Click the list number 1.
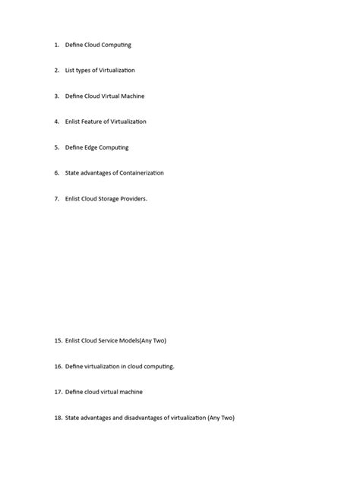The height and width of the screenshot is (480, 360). point(56,45)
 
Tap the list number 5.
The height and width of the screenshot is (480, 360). point(56,147)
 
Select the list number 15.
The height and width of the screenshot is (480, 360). point(58,341)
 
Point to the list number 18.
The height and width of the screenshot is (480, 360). point(58,418)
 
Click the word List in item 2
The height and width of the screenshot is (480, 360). point(70,71)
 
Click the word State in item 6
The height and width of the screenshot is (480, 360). point(72,173)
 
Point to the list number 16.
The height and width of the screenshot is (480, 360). point(58,367)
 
